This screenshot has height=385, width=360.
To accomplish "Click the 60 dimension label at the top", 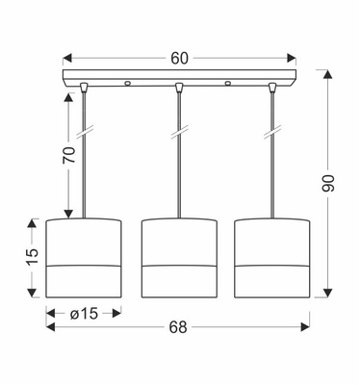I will (178, 58).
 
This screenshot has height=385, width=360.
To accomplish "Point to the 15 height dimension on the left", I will (32, 255).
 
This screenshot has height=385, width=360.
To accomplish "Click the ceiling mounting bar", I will (179, 77).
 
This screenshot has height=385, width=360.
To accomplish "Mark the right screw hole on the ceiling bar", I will (228, 84).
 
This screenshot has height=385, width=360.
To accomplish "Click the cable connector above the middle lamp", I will (179, 90).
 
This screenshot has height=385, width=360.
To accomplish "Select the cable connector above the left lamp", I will (85, 90).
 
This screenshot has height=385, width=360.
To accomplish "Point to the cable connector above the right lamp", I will (273, 90).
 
